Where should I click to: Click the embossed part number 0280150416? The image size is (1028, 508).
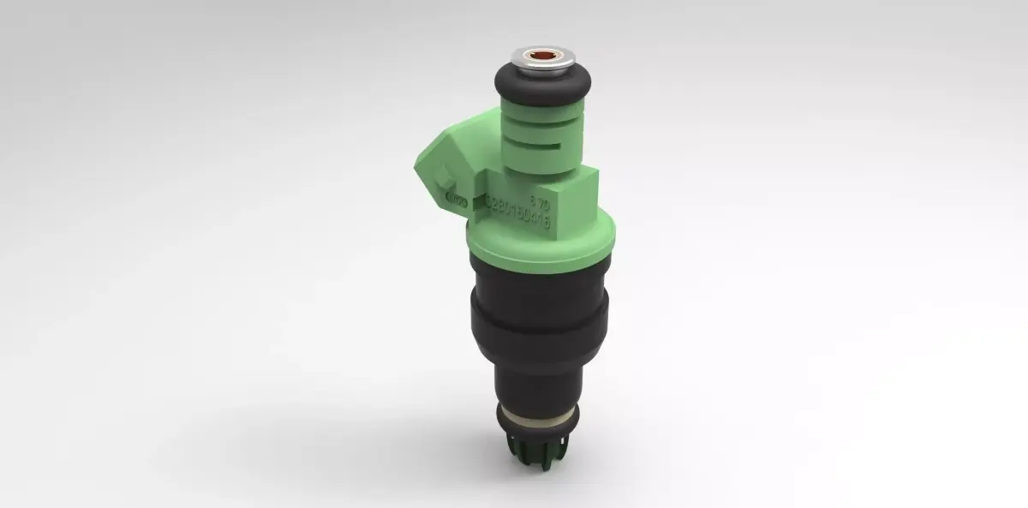point(517,214)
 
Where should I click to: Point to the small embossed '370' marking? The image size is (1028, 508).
point(539,200)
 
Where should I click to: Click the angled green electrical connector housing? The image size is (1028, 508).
point(445,167)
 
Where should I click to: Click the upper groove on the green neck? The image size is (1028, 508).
point(541,121)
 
